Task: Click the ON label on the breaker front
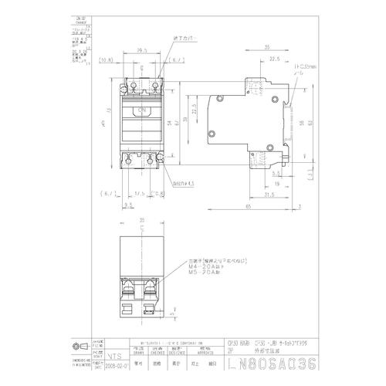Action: coord(141,111)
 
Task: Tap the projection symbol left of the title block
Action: coord(77,345)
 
